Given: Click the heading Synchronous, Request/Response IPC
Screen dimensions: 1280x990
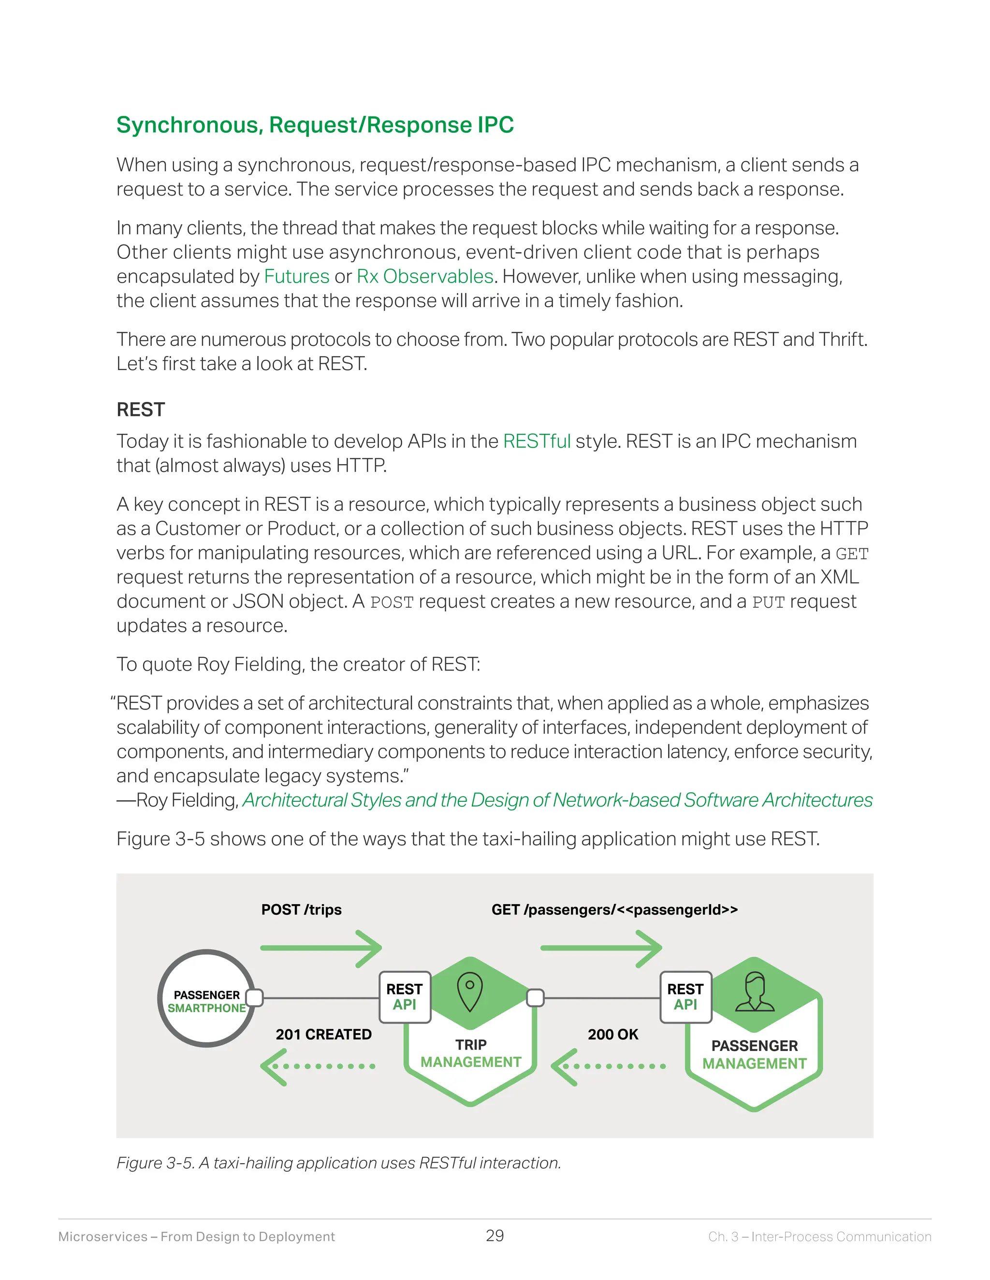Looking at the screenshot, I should tap(315, 125).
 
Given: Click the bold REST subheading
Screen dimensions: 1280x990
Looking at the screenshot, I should tap(141, 409).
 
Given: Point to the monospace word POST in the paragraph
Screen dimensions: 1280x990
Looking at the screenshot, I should tap(392, 602).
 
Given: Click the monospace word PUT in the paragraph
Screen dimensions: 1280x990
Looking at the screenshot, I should tap(768, 602).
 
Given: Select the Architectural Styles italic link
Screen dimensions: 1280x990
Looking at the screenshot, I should tap(557, 800).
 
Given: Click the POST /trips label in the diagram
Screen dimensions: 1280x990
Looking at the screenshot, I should tap(302, 910).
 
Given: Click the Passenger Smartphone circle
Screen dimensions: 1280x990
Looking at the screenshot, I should tap(206, 998).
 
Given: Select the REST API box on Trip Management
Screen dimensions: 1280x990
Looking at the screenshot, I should tap(405, 997).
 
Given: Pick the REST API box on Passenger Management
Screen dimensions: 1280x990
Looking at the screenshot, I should tap(685, 997).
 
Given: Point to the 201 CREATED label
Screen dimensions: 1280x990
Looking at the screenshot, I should tap(323, 1035).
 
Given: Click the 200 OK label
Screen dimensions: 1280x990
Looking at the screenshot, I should tap(613, 1035).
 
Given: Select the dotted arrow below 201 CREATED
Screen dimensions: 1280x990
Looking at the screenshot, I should tap(319, 1066).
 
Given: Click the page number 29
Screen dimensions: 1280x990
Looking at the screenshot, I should tap(495, 1236).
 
